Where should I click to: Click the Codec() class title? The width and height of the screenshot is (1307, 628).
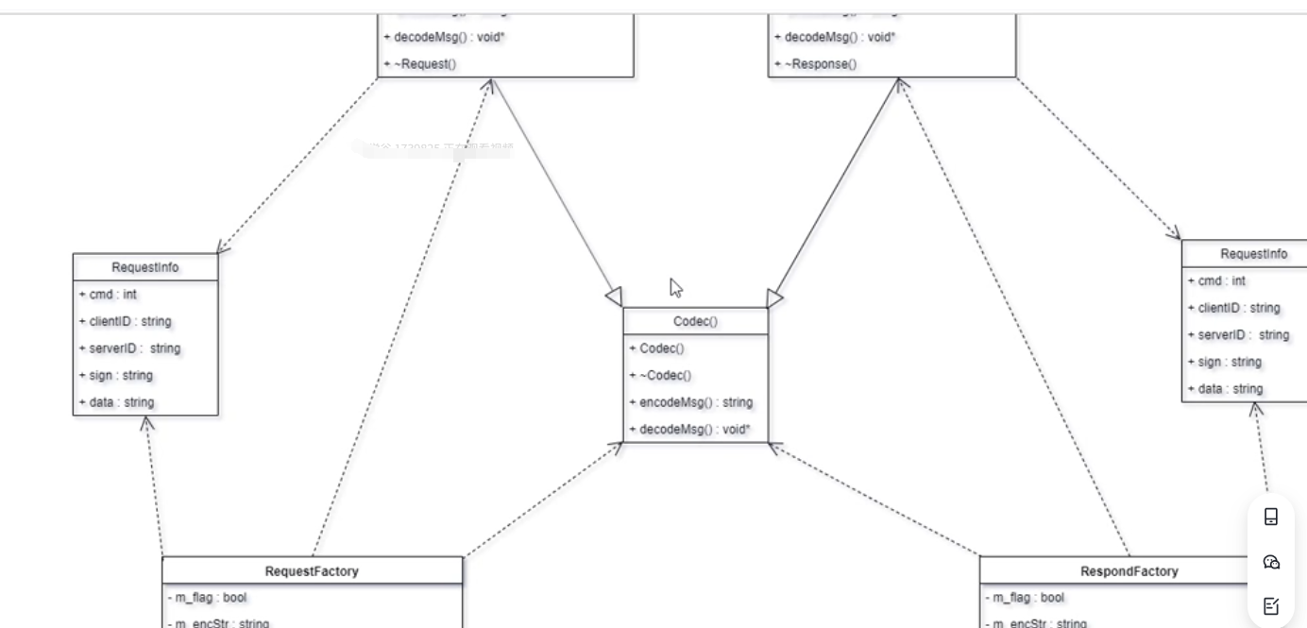click(x=695, y=321)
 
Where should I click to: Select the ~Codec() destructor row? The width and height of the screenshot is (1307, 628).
click(x=666, y=376)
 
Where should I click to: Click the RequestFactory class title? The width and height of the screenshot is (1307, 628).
click(x=312, y=571)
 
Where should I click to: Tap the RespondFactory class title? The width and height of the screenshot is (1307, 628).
click(x=1129, y=571)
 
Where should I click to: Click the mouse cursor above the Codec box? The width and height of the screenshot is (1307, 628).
click(x=675, y=287)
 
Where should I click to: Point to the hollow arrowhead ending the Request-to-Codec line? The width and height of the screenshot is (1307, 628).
click(x=612, y=297)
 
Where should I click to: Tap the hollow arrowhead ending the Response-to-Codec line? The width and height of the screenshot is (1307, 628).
click(x=775, y=298)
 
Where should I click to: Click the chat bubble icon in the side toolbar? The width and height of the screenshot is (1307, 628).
click(x=1271, y=562)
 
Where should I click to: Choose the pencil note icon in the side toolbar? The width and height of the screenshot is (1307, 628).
click(x=1271, y=605)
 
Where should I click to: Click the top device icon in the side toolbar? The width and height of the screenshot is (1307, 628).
click(x=1271, y=517)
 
